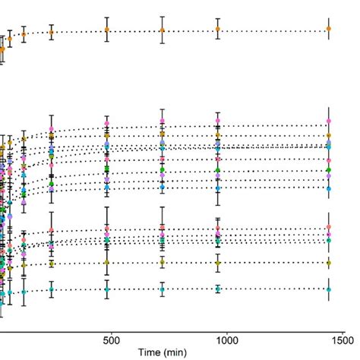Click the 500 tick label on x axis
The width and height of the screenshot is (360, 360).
coord(112,341)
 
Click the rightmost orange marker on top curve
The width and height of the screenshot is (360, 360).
coord(328,29)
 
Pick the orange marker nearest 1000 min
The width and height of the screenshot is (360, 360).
coord(218,29)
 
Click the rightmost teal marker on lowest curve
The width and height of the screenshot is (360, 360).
coord(328,289)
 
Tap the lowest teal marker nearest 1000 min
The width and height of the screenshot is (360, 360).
coord(218,289)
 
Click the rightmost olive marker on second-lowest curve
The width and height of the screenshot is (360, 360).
coord(328,263)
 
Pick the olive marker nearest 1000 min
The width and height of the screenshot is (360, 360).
coord(218,263)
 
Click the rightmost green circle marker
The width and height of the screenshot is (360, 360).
coord(328,170)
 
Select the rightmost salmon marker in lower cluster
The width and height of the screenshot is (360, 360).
coord(328,227)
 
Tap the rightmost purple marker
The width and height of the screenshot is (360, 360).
coord(328,175)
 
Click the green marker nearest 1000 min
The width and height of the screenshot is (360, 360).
coord(218,170)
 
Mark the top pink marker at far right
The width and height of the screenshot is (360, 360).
coord(328,122)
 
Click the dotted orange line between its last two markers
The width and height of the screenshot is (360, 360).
coord(273,30)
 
